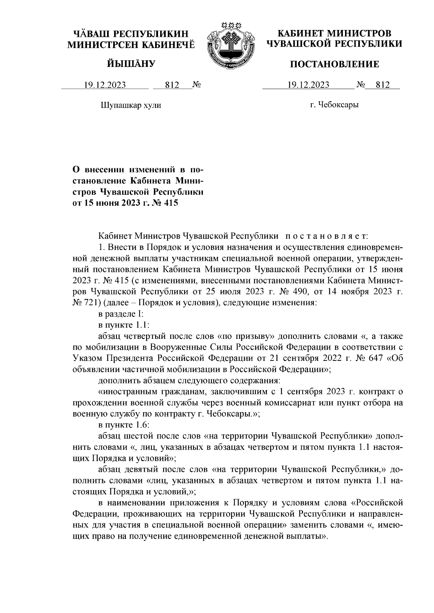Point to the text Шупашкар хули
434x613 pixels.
[130, 105]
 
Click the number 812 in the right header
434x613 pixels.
[383, 85]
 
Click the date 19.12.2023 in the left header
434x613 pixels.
[105, 85]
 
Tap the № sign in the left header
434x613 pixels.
[196, 85]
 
